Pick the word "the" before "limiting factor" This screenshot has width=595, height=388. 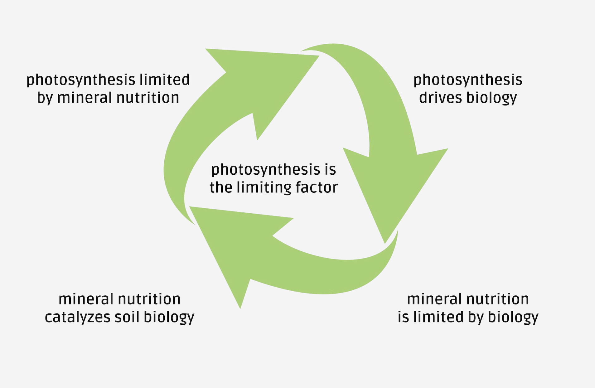click(221, 187)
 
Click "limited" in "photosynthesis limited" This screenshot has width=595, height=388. click(164, 80)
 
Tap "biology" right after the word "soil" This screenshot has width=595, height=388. click(169, 318)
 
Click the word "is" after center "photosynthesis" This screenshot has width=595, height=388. click(330, 170)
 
